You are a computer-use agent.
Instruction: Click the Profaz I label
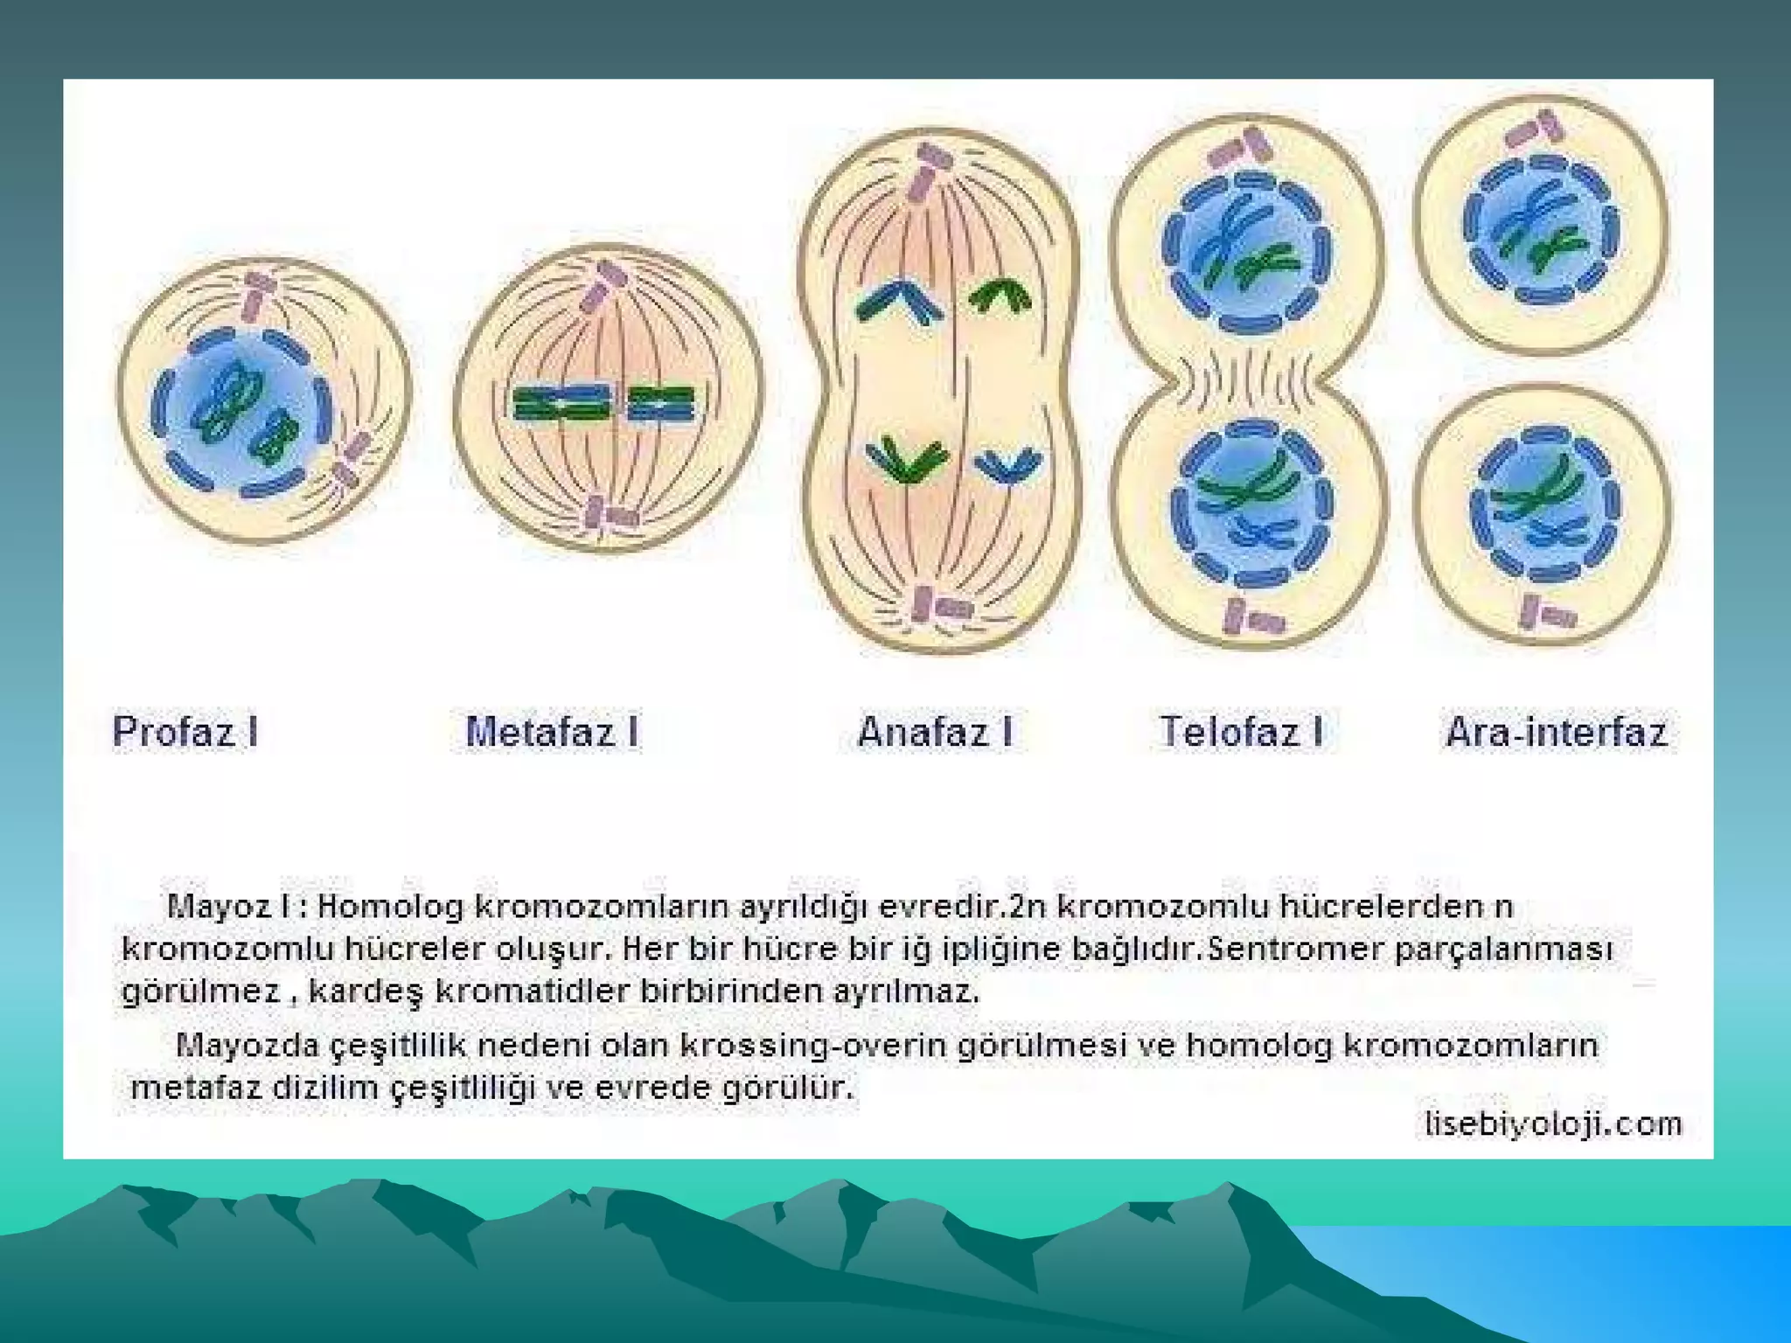[185, 732]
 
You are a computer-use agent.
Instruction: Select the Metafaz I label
[552, 732]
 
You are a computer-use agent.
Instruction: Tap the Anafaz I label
[935, 732]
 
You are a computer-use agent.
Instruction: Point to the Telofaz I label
[1241, 732]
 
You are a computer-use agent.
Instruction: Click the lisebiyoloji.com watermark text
[1553, 1123]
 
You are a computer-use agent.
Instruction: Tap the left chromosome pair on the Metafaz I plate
[561, 403]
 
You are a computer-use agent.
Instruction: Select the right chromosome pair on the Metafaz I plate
[662, 403]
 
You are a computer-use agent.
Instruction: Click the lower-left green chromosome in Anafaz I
[906, 459]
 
